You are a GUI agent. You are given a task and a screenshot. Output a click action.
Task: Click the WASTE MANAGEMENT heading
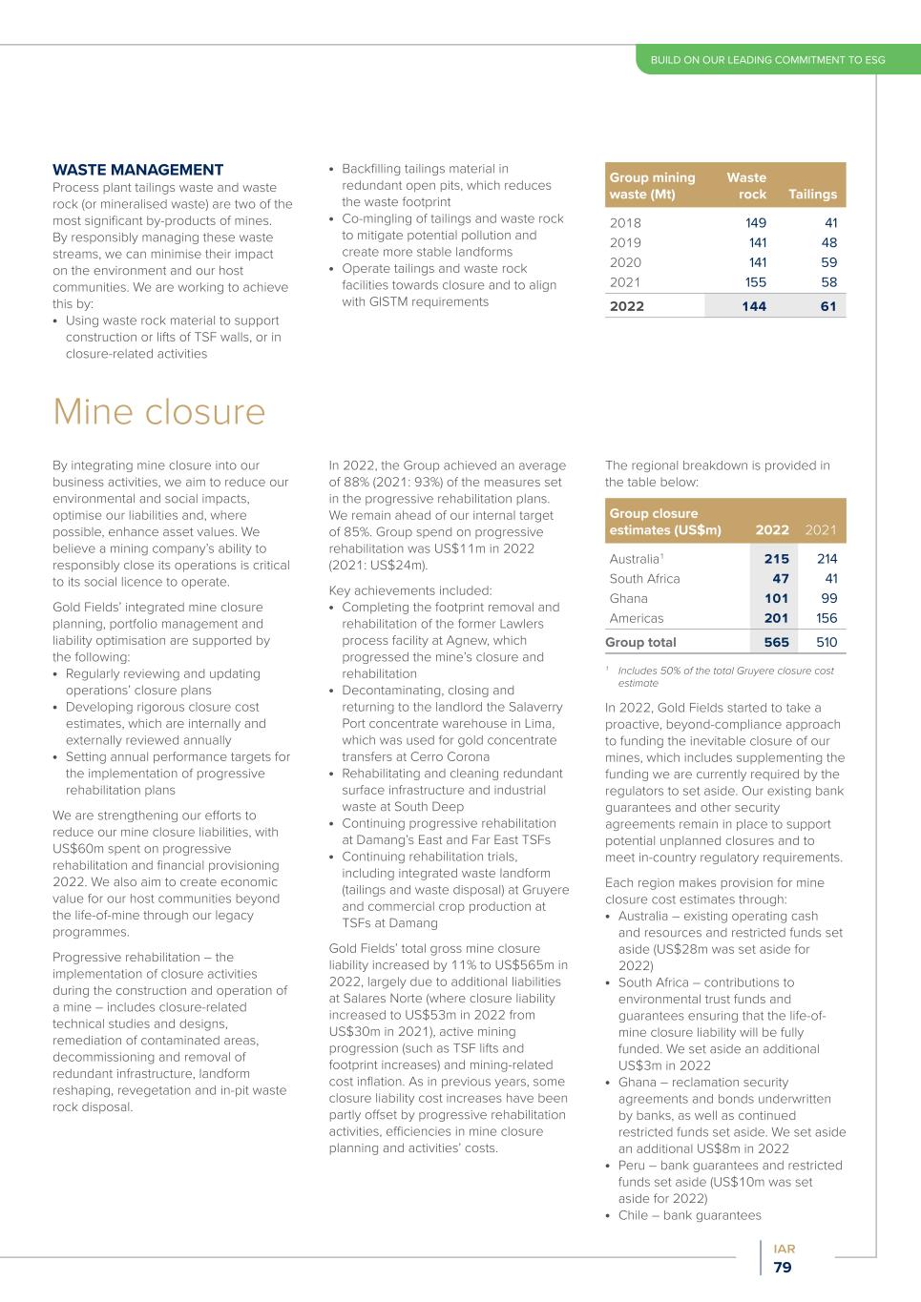137,171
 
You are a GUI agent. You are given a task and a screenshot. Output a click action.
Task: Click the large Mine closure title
158,412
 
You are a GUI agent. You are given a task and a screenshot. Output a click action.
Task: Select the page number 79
783,1268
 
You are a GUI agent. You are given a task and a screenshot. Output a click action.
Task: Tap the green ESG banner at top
767,60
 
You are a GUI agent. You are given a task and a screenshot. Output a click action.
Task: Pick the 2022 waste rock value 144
753,306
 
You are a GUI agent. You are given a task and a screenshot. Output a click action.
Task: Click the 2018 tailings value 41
829,223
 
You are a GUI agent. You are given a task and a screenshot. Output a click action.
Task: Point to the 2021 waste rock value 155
755,282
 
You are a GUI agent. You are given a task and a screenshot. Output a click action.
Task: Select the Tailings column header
812,195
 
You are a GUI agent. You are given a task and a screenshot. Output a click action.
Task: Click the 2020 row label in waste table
625,262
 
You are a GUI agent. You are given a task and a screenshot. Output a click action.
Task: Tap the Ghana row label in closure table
628,599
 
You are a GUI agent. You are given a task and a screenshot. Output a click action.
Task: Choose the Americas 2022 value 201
776,618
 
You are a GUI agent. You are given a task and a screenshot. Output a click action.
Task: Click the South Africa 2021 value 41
830,579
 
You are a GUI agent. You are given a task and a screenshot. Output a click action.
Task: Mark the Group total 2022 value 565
776,643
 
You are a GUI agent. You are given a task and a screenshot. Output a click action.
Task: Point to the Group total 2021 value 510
827,643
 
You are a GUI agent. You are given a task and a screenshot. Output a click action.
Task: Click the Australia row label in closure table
634,559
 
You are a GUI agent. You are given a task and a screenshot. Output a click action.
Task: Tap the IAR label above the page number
785,1249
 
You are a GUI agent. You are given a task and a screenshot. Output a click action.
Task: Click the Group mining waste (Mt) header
652,186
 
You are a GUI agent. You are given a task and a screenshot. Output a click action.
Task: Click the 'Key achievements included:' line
409,590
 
